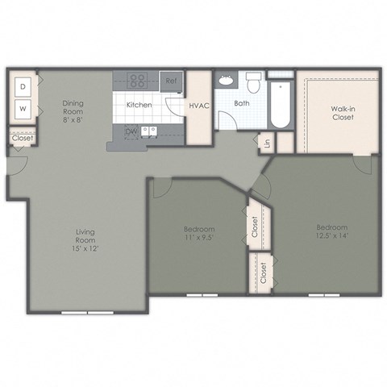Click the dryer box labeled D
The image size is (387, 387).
pyautogui.click(x=23, y=85)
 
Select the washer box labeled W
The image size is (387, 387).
pyautogui.click(x=23, y=109)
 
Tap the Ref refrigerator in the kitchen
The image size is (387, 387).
pyautogui.click(x=171, y=81)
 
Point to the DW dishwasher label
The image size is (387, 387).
pyautogui.click(x=131, y=131)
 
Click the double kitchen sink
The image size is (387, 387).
pyautogui.click(x=149, y=131)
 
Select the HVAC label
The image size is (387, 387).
pyautogui.click(x=198, y=106)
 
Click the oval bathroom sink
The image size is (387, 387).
pyautogui.click(x=226, y=81)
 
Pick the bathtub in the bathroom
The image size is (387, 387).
pyautogui.click(x=281, y=105)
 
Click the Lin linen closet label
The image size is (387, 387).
pyautogui.click(x=267, y=145)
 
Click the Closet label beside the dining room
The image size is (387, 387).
pyautogui.click(x=22, y=139)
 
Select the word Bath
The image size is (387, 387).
pyautogui.click(x=241, y=104)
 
